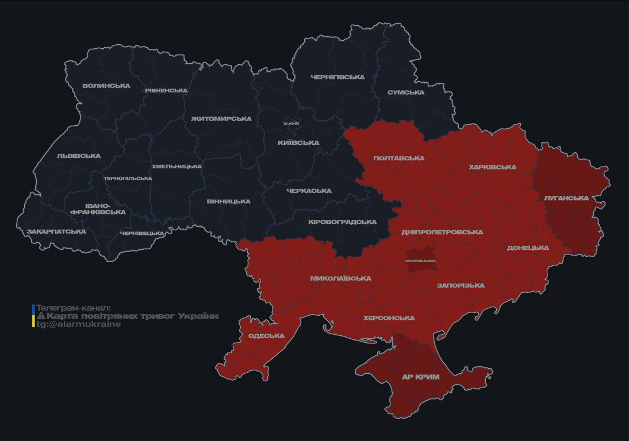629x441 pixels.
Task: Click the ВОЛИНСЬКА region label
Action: pos(106,86)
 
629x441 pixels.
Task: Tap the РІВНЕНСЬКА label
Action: pos(166,91)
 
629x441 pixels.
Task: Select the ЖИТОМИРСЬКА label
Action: pos(221,119)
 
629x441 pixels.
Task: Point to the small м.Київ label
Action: pos(291,123)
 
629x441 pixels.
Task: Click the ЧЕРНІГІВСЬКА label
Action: pos(337,77)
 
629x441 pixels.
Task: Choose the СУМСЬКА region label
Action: pos(406,92)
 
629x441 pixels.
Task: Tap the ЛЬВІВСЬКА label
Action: pos(79,156)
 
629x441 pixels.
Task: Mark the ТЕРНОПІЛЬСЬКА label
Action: pos(128,179)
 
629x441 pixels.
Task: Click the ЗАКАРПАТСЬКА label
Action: pos(56,232)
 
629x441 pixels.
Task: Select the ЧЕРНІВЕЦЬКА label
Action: pos(142,234)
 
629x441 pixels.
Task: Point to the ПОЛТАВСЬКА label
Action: pos(399,158)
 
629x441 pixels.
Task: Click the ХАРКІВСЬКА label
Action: pos(493,168)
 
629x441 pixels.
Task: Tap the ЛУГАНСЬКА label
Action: pos(566,198)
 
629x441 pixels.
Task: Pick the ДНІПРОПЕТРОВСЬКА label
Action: pos(442,233)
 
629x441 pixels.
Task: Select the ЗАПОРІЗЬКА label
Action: pos(461,285)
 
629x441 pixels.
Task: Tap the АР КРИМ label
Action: pos(421,377)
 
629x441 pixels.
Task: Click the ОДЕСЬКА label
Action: pos(266,336)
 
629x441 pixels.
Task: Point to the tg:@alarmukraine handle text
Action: pos(79,324)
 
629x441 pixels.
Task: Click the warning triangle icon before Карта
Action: pos(41,316)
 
